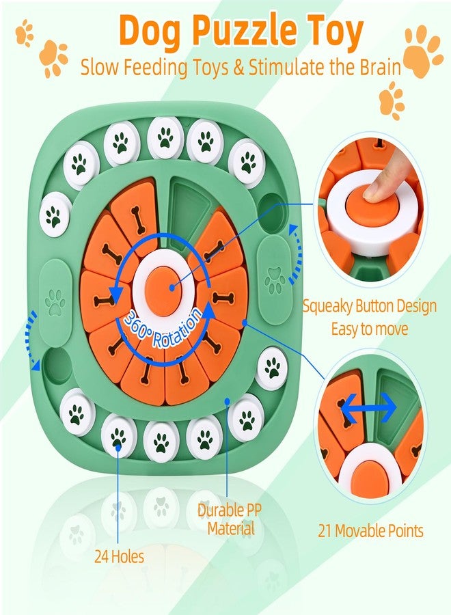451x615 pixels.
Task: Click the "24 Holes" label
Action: (x=119, y=556)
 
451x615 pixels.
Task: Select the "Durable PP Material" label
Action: (x=230, y=519)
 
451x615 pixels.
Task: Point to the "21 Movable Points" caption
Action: (x=370, y=531)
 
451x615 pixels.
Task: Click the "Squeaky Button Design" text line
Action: (x=370, y=306)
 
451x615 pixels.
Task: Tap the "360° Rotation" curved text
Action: (x=163, y=327)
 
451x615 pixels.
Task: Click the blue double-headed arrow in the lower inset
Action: (x=368, y=409)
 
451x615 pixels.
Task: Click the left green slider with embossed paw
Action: (x=56, y=302)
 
